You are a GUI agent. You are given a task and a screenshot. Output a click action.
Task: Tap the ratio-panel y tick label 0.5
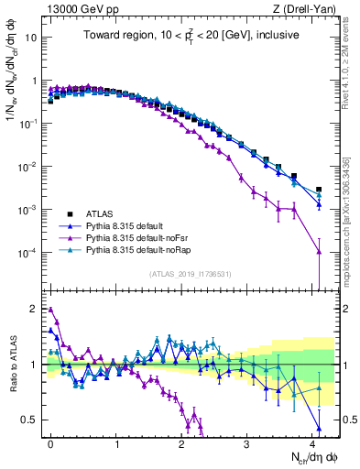[29, 420]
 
